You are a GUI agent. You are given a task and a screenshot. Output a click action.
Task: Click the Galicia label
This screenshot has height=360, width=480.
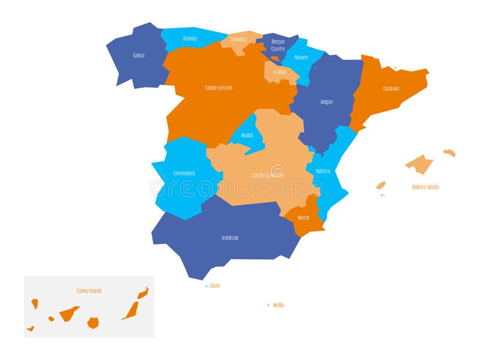click(139, 55)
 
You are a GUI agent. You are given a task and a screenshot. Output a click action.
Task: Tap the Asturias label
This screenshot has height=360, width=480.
click(190, 38)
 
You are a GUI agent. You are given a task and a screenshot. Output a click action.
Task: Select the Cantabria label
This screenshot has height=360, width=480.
click(238, 40)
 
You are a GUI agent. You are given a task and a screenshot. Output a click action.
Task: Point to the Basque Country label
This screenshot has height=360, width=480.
click(278, 45)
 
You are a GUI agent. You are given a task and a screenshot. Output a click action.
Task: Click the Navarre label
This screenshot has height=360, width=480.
click(301, 58)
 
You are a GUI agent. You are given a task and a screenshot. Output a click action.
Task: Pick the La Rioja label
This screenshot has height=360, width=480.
click(280, 71)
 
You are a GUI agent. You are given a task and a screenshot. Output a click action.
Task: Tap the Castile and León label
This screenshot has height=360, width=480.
click(218, 88)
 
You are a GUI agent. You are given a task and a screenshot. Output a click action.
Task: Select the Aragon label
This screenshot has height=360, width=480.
click(326, 102)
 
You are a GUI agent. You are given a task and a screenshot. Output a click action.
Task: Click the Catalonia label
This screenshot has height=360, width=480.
click(391, 89)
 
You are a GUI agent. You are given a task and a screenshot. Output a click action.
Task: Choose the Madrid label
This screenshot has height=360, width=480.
click(247, 136)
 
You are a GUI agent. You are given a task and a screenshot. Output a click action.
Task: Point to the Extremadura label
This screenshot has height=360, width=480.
click(184, 173)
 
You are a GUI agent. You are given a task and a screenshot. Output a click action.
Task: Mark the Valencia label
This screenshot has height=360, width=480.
click(323, 171)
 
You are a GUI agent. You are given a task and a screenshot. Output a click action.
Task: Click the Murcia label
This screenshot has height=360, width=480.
click(304, 217)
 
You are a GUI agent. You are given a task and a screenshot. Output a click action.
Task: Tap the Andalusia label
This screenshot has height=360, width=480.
click(230, 238)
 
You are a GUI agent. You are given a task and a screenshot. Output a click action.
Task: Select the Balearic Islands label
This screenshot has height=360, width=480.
click(425, 187)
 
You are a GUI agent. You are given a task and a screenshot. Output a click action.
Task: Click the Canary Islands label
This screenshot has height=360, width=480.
click(89, 291)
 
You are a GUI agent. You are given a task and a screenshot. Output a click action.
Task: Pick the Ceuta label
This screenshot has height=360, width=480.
click(215, 286)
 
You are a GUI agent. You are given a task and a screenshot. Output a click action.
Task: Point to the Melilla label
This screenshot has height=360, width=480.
click(278, 305)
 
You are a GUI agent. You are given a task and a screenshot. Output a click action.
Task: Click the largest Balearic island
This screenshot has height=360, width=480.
click(419, 163)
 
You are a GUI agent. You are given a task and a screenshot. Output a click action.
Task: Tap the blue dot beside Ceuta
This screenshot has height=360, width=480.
click(206, 286)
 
